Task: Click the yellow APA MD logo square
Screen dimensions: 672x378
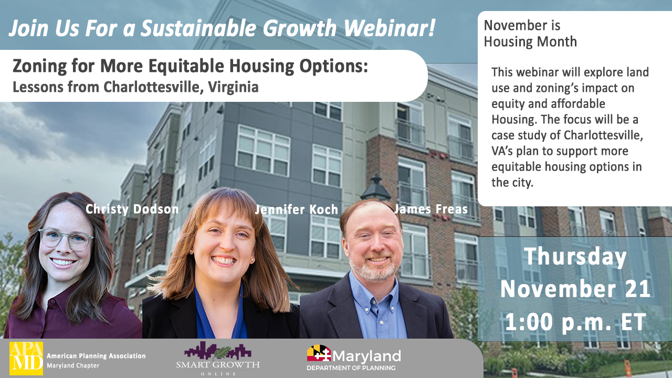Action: (x=26, y=358)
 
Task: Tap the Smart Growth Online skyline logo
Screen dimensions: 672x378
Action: (x=218, y=358)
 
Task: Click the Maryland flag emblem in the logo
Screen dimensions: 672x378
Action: (x=319, y=353)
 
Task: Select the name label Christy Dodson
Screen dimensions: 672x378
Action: (x=132, y=209)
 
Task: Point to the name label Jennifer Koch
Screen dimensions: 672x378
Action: (x=297, y=209)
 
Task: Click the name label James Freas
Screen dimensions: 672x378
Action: (x=431, y=209)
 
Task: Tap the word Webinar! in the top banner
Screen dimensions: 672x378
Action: (x=390, y=28)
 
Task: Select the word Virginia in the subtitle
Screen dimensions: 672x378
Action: (x=233, y=87)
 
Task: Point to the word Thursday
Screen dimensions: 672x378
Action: (x=575, y=257)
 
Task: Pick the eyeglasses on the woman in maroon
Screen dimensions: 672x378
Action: (x=66, y=239)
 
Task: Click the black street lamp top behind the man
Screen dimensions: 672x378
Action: (x=375, y=188)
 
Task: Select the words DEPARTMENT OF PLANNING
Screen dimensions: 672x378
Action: (x=351, y=368)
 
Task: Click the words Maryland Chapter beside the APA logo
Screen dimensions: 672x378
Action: (x=73, y=366)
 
